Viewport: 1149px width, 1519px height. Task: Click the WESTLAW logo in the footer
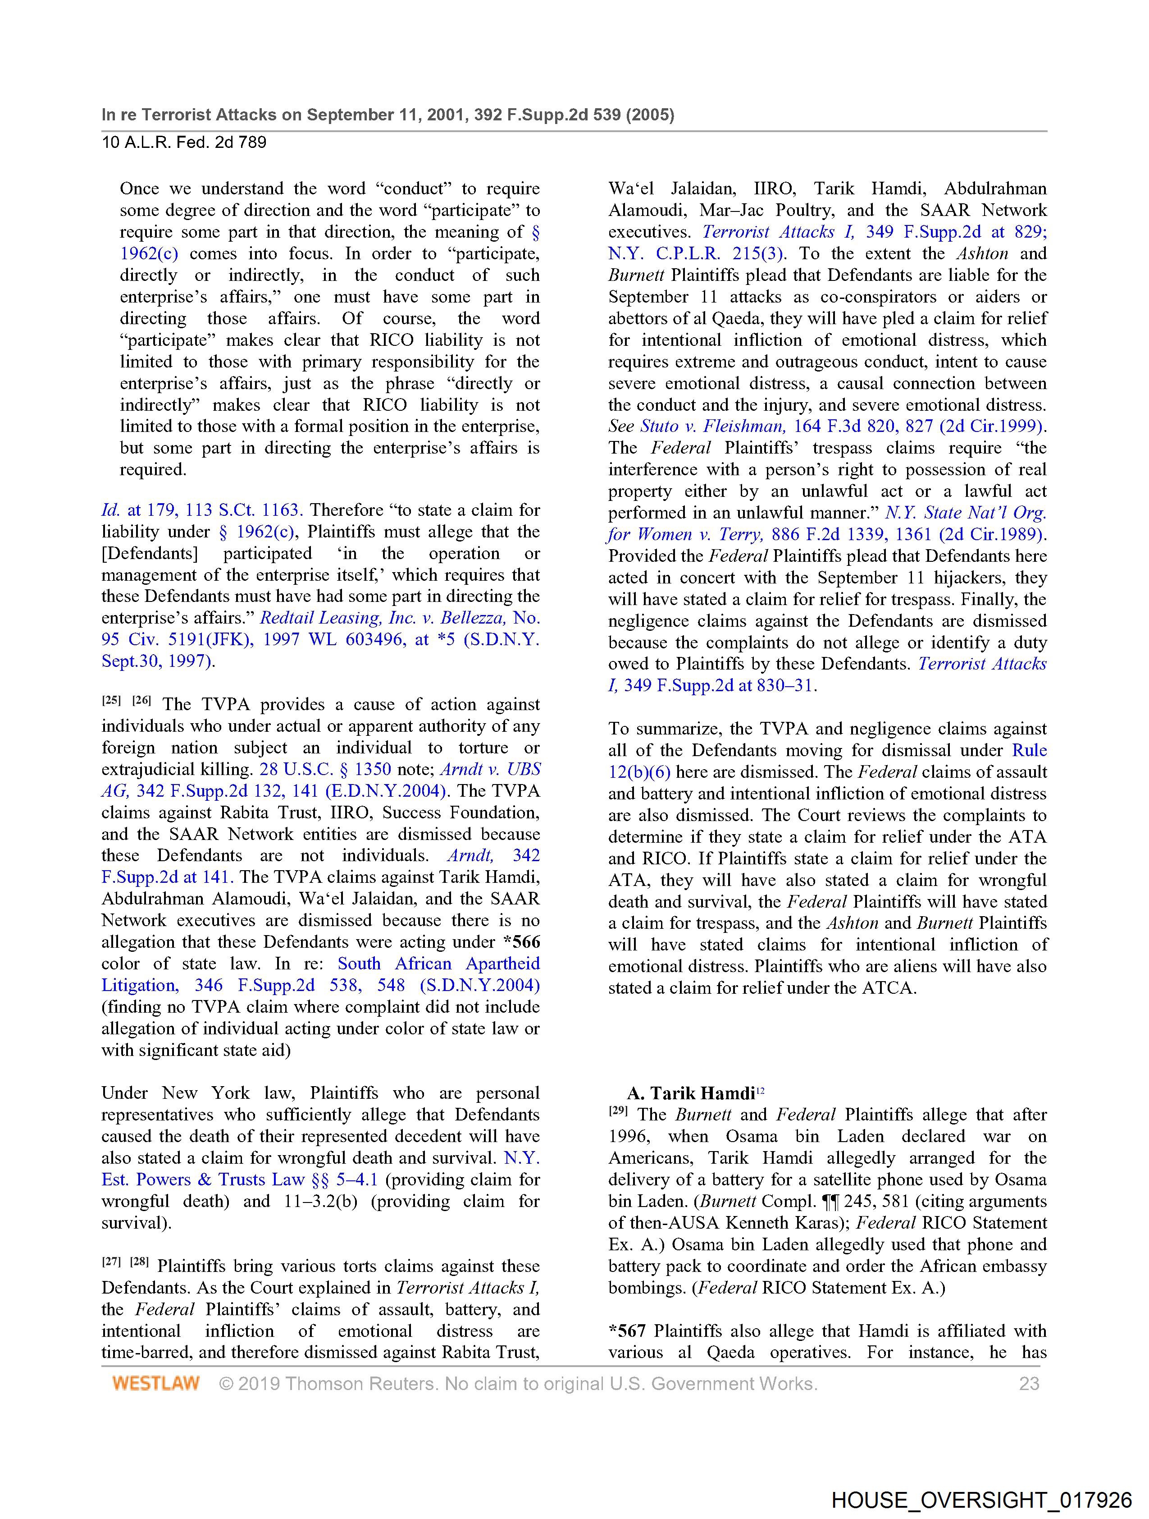[156, 1383]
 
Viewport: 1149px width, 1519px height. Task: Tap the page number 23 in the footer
[1029, 1383]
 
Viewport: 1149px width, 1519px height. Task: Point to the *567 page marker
[627, 1331]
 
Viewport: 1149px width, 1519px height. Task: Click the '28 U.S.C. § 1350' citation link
[325, 769]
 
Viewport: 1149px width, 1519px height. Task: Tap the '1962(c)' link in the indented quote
[149, 253]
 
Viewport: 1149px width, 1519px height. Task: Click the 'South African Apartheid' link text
[438, 964]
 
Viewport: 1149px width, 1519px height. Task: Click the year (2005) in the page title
[649, 115]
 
